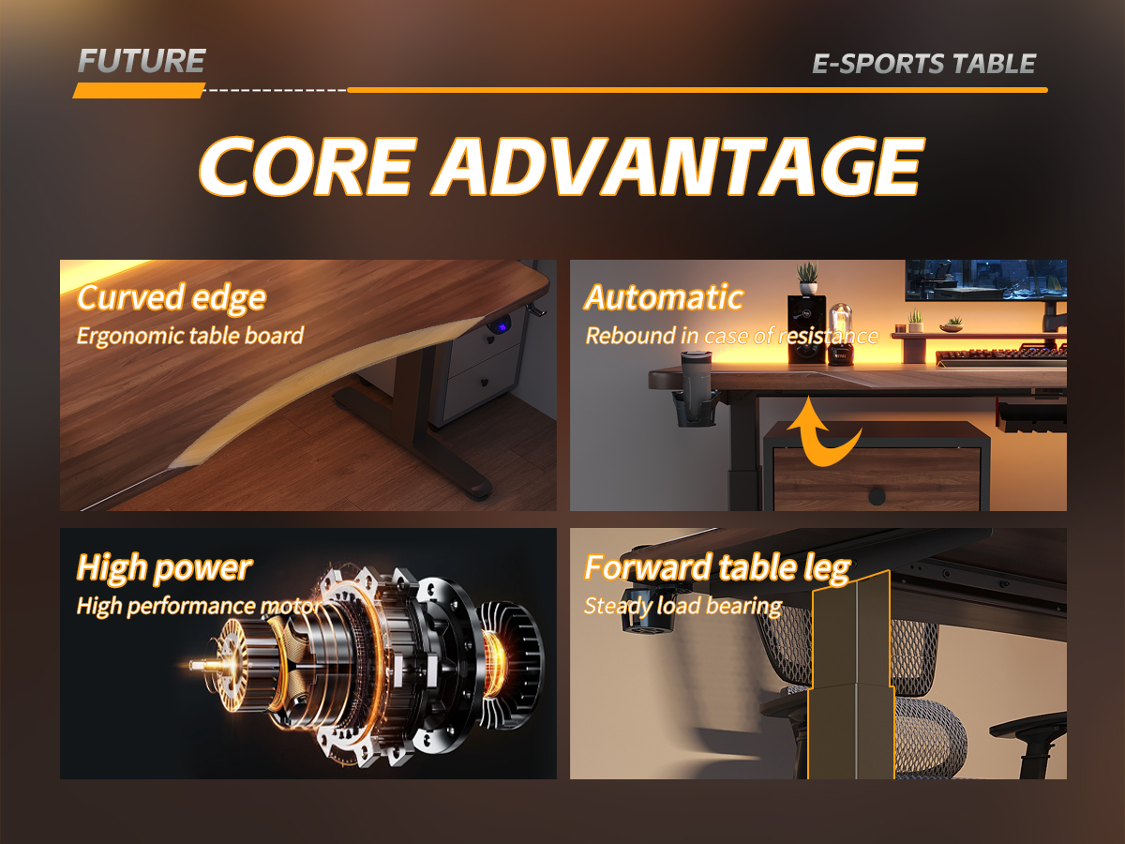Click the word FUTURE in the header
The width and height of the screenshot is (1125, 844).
(142, 61)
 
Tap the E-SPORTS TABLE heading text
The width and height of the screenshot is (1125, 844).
(924, 64)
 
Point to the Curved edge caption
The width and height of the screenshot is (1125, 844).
(172, 298)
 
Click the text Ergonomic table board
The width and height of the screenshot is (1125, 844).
(190, 336)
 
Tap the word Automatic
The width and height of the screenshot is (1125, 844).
(664, 297)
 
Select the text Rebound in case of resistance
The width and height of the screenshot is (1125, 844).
(732, 336)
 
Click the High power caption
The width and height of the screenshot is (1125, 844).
(164, 567)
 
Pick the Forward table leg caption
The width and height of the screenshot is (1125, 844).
(717, 567)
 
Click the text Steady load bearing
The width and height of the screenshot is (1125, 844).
(683, 606)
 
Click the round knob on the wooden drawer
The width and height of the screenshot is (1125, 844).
(877, 496)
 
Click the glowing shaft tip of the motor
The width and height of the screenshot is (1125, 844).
(195, 665)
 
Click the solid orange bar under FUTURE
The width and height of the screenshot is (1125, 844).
(139, 91)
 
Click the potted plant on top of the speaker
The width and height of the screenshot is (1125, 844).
(808, 279)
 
